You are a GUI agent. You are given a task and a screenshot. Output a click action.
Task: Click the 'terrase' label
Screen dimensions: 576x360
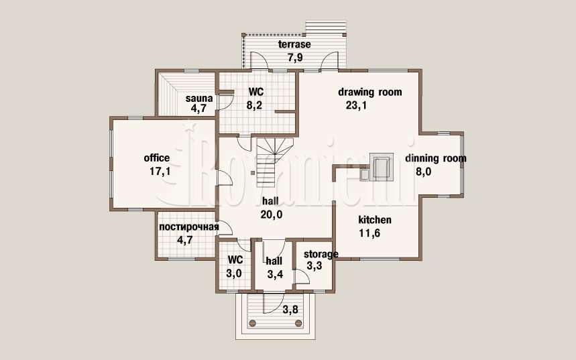(x=294, y=44)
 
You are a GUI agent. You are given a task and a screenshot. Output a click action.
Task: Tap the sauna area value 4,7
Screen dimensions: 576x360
(x=198, y=108)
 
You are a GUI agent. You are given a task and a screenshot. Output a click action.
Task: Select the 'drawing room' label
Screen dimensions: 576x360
(x=370, y=92)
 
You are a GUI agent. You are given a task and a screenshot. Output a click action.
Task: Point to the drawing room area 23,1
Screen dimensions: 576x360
(x=356, y=105)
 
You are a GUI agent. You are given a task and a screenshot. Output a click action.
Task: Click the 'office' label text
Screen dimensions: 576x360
(x=157, y=158)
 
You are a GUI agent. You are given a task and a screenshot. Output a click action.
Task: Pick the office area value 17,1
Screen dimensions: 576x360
(x=160, y=171)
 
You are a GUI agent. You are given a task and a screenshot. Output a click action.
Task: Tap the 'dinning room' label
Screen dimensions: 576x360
(x=436, y=158)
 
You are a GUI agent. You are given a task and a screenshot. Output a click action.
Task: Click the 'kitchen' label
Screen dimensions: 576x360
(x=375, y=220)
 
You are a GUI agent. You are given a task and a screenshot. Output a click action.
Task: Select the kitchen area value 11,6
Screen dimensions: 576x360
(x=369, y=233)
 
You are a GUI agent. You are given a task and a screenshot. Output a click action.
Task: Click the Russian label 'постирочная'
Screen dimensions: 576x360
(x=189, y=227)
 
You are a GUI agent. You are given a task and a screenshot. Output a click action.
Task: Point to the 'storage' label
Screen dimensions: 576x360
(x=321, y=254)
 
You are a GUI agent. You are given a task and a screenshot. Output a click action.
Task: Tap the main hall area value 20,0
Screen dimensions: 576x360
(x=272, y=215)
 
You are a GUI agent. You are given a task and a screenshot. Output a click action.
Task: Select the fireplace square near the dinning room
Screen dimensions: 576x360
(x=382, y=167)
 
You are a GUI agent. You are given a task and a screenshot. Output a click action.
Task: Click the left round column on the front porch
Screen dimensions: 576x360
(x=252, y=323)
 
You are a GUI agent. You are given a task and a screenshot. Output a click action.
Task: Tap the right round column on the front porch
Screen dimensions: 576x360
(x=298, y=323)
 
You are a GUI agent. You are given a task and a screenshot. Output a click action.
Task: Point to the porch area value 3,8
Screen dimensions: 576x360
(x=290, y=310)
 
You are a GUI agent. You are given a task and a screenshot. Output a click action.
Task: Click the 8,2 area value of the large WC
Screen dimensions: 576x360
(x=254, y=105)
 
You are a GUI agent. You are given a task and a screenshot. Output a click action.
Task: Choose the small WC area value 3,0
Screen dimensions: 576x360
(x=233, y=274)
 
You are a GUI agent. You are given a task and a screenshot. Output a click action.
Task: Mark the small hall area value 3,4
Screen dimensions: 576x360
(x=275, y=274)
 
